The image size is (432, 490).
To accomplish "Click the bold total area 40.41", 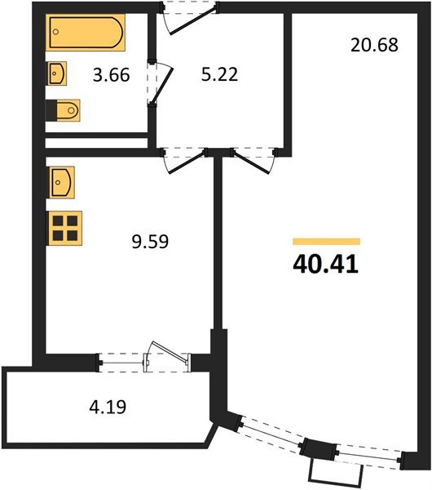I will tap(325, 265).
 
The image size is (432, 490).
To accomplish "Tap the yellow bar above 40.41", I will tap(326, 242).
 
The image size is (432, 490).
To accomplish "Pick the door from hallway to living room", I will tap(253, 158).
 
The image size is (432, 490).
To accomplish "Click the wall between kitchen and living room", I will tap(218, 245).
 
